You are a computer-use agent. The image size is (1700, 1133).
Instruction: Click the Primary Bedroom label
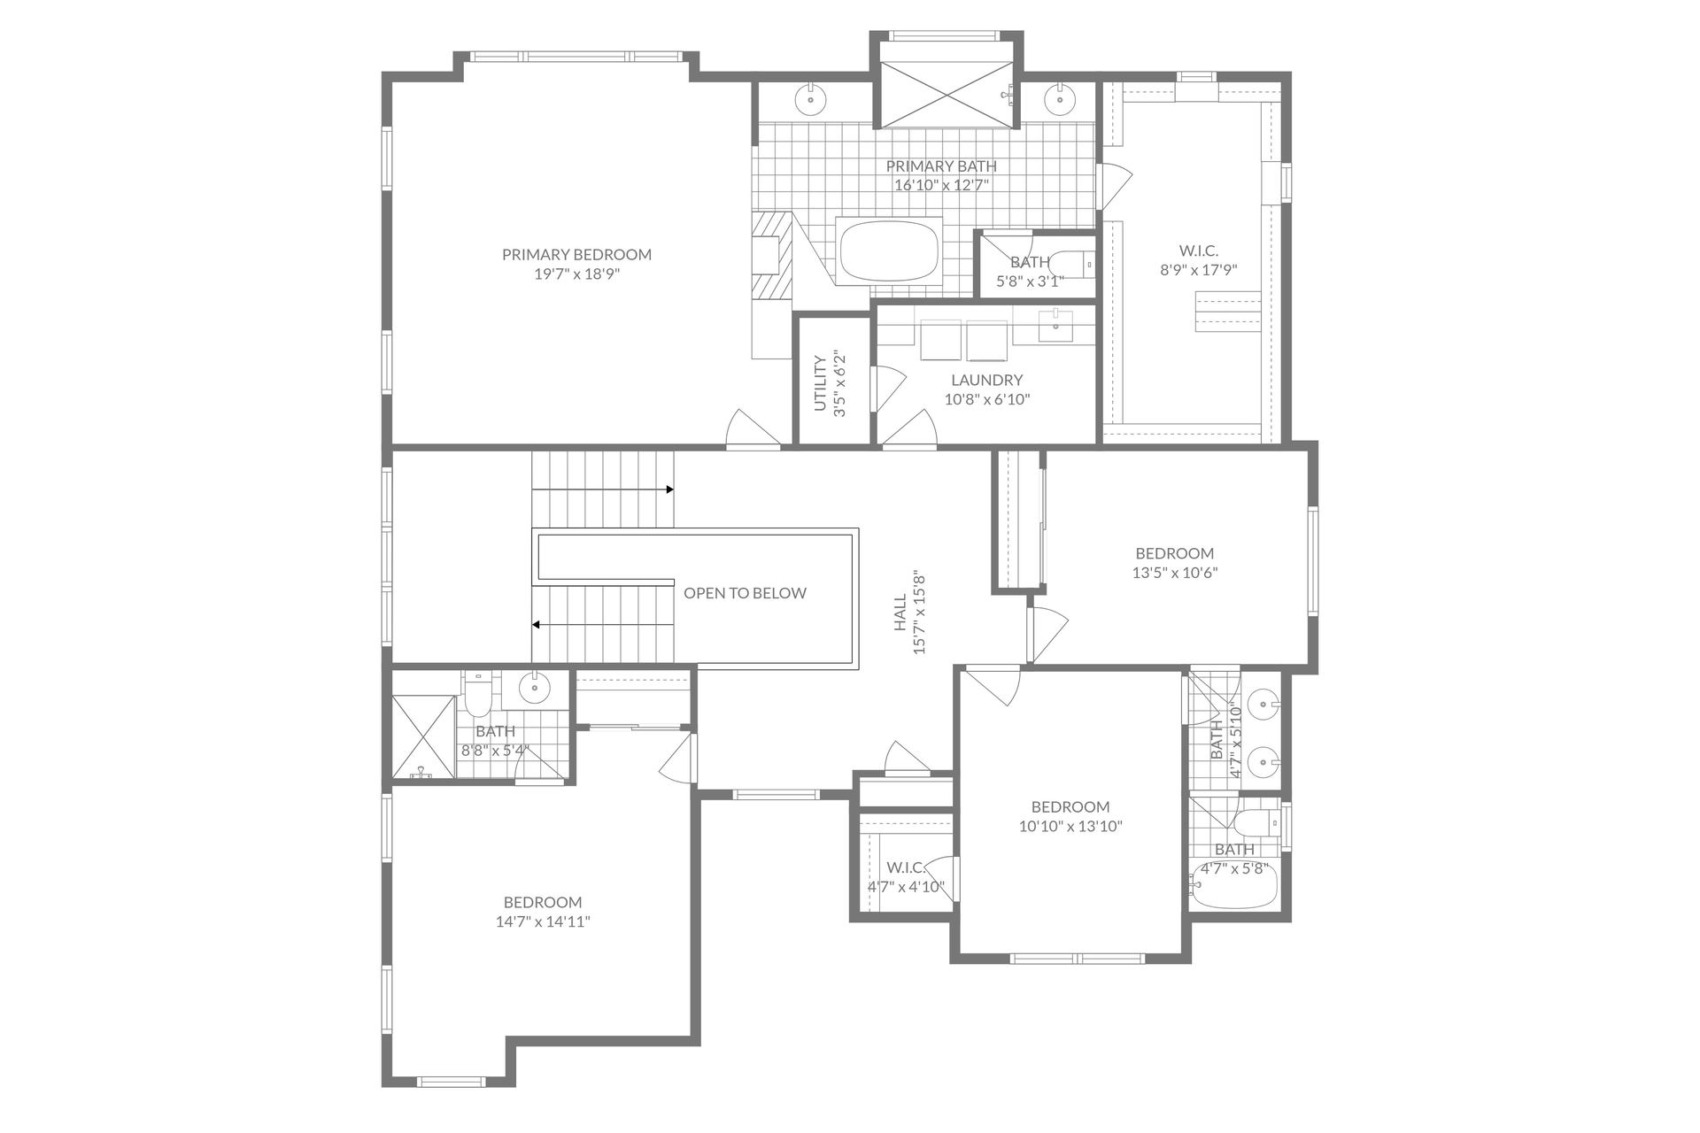pos(576,255)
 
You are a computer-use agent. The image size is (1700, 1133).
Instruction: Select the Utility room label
pos(821,383)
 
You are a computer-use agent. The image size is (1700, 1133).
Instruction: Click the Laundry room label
pos(986,380)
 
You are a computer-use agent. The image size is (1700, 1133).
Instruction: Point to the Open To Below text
pos(745,593)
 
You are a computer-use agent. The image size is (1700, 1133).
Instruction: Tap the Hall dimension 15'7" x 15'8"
pos(919,612)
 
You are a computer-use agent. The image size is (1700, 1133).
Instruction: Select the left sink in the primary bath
pos(810,98)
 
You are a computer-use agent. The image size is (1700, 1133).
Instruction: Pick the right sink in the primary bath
pos(1058,98)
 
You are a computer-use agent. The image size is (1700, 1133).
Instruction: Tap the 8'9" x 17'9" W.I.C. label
pos(1198,251)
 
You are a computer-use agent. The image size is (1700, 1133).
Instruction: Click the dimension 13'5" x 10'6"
pos(1175,573)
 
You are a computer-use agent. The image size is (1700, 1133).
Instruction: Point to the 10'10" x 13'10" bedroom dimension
pos(1070,827)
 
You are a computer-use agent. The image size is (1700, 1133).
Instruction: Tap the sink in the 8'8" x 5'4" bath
pos(534,685)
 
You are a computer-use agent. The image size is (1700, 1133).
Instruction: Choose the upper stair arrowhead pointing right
pos(669,489)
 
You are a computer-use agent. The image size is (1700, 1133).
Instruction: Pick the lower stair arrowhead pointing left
pos(536,625)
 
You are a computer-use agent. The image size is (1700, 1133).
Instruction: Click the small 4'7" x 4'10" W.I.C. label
pos(905,867)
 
